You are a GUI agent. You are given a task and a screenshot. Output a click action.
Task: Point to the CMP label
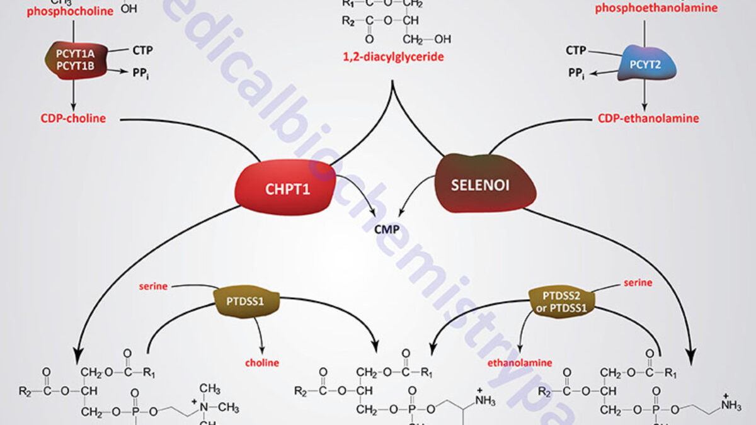pyautogui.click(x=387, y=229)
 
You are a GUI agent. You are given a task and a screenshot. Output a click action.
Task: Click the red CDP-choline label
pyautogui.click(x=74, y=118)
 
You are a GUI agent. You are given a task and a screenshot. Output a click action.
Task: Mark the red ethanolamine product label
pyautogui.click(x=519, y=363)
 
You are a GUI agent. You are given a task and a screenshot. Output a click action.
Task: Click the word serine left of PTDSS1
pyautogui.click(x=153, y=286)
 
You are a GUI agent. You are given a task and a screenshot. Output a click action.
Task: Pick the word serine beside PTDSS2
pyautogui.click(x=638, y=283)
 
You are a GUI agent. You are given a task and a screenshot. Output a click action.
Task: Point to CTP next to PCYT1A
pyautogui.click(x=142, y=49)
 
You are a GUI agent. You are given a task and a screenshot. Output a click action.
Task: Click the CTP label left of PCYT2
pyautogui.click(x=576, y=50)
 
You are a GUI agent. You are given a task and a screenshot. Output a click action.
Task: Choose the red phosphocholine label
pyautogui.click(x=74, y=11)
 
